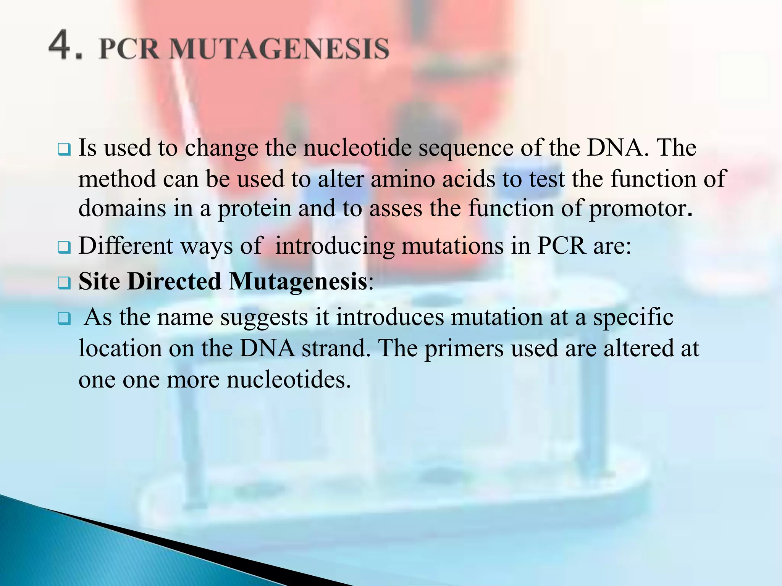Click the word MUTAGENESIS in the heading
[278, 50]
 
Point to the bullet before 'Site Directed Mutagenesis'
[64, 283]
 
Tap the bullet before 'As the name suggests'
[64, 318]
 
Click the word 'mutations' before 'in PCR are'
[452, 246]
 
